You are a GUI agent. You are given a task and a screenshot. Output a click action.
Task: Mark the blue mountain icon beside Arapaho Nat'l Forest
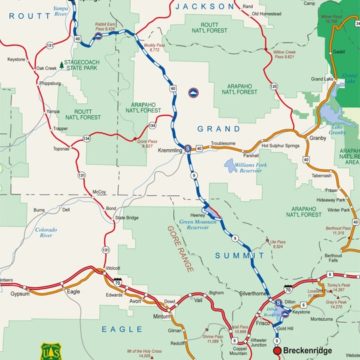click(194, 94)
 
